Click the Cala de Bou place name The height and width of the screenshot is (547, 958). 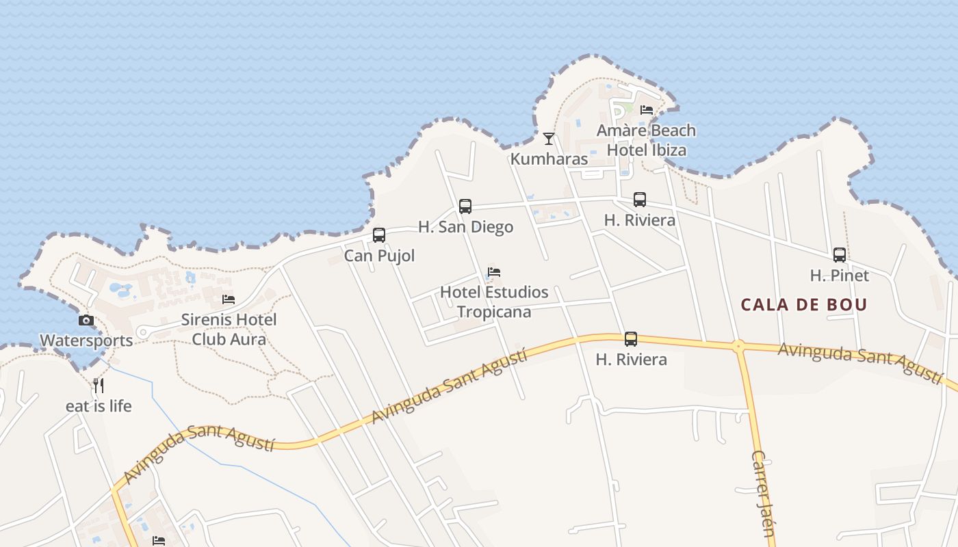click(804, 305)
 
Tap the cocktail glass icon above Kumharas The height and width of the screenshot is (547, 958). click(548, 139)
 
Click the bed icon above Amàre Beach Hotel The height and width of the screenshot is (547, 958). click(646, 110)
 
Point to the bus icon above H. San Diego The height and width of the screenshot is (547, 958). click(465, 206)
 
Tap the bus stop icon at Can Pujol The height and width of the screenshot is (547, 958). click(379, 235)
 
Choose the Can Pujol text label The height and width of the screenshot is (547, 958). click(379, 256)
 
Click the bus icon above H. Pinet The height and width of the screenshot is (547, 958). click(840, 255)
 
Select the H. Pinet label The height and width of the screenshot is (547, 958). click(840, 276)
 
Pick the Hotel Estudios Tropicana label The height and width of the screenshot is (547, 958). click(494, 302)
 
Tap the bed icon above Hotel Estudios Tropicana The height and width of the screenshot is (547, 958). click(494, 272)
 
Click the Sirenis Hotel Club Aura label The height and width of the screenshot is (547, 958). click(229, 329)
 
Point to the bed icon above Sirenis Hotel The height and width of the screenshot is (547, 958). click(229, 299)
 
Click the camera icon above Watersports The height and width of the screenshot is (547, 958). click(86, 320)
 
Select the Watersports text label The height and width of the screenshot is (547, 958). click(86, 341)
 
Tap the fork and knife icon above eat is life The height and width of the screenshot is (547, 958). click(99, 386)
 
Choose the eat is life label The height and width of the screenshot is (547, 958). click(99, 406)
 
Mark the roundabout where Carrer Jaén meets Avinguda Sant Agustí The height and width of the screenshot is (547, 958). click(738, 346)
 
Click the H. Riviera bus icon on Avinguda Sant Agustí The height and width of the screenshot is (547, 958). click(631, 339)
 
